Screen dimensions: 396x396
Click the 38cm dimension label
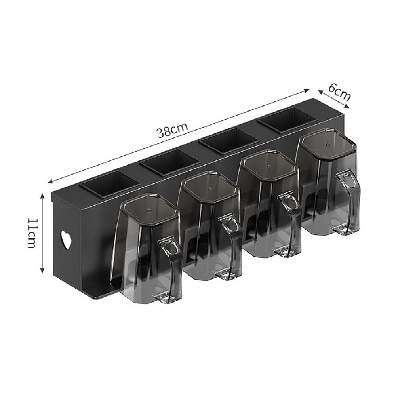[x=173, y=129]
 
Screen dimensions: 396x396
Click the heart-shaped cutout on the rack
[x=66, y=239]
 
